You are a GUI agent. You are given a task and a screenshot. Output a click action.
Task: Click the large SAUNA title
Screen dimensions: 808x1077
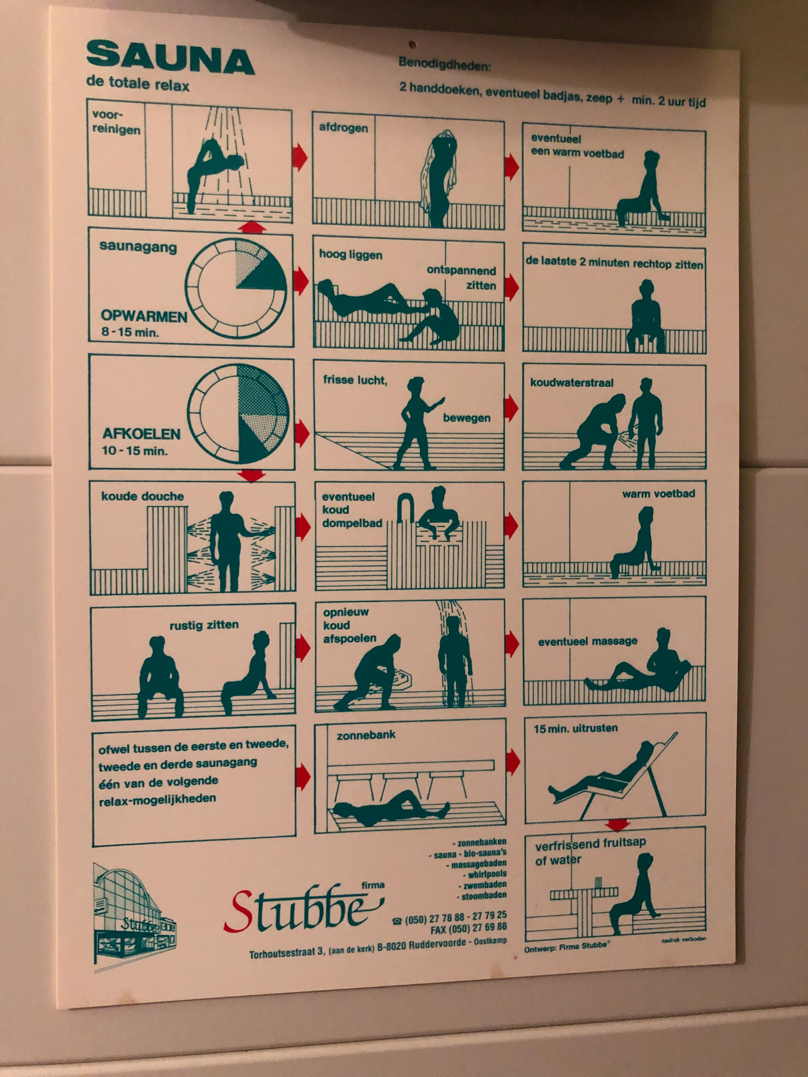pyautogui.click(x=170, y=58)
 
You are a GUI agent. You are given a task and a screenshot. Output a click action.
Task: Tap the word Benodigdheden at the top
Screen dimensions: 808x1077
pyautogui.click(x=445, y=64)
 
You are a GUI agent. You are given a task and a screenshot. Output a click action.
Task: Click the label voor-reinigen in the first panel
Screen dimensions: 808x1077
pyautogui.click(x=116, y=122)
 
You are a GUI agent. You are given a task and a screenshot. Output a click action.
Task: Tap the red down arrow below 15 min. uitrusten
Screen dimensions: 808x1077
pyautogui.click(x=617, y=824)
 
